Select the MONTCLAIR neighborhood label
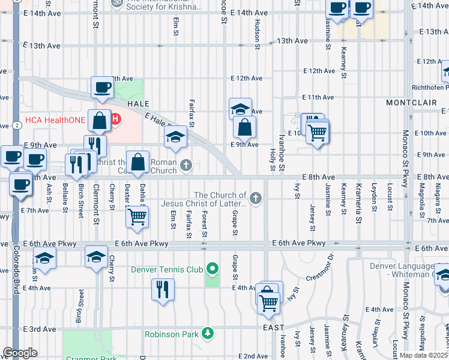pos(411,103)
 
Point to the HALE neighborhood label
pos(137,104)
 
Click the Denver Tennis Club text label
pos(167,269)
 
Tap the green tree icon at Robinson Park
pos(208,333)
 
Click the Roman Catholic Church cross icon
pos(187,165)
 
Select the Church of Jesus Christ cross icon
pos(256,199)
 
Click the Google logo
pos(20,353)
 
